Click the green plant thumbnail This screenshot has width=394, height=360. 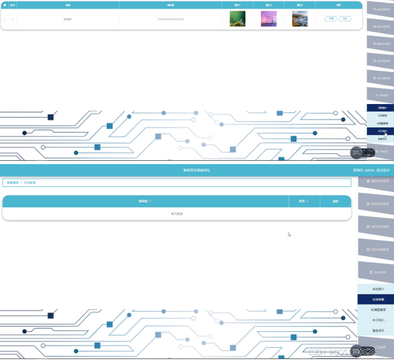237,19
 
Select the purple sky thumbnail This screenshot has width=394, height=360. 269,19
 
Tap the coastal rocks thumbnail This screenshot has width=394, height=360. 300,19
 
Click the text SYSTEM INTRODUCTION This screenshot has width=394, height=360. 170,19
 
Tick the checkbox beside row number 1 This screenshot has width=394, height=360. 5,19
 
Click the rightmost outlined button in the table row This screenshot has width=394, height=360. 345,19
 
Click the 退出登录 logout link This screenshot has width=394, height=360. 383,170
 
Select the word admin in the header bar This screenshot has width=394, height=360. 370,170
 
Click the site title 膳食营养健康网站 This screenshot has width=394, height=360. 197,170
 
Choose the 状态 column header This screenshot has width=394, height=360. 304,201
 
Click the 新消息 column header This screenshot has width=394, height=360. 145,201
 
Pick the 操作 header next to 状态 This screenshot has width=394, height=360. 335,201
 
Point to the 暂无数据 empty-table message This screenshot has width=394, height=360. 177,214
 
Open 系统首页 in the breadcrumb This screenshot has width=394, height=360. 13,183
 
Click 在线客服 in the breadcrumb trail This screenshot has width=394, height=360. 30,183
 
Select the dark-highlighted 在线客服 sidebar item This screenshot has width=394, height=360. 375,299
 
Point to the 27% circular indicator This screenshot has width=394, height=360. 356,152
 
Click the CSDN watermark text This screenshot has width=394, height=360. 317,352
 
